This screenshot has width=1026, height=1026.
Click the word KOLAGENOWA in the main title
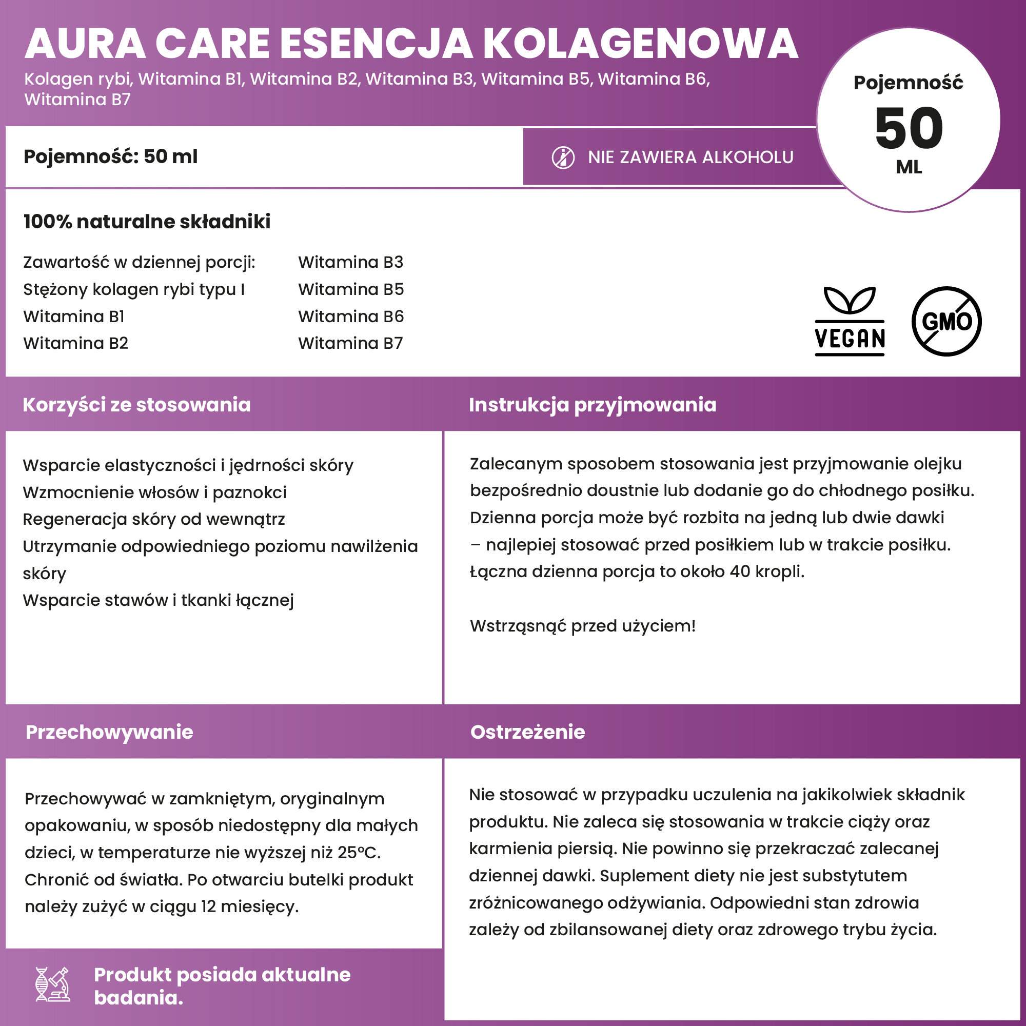tap(640, 44)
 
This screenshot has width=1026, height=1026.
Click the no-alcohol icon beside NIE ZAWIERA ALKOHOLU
tap(563, 157)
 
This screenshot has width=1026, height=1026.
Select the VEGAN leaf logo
tap(850, 321)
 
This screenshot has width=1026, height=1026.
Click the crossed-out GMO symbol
tap(946, 321)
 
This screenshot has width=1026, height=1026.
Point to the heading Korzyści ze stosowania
tap(136, 405)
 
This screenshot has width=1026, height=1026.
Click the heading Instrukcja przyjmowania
tap(592, 405)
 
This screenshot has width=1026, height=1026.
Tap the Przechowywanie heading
tap(109, 732)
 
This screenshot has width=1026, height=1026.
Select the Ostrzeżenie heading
tap(527, 732)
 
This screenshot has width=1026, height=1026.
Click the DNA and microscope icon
tap(52, 984)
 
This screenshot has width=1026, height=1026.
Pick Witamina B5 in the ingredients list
tap(351, 289)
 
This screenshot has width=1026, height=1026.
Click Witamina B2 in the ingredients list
tap(76, 344)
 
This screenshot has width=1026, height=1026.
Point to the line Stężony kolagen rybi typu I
tap(134, 289)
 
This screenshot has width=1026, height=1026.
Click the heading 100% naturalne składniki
tap(147, 222)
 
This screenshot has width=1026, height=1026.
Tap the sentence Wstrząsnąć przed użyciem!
tap(583, 626)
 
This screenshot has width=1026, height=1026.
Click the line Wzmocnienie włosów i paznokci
tap(154, 492)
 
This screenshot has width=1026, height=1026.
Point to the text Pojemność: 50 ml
tap(110, 156)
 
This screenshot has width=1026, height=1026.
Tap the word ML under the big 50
tap(909, 167)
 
